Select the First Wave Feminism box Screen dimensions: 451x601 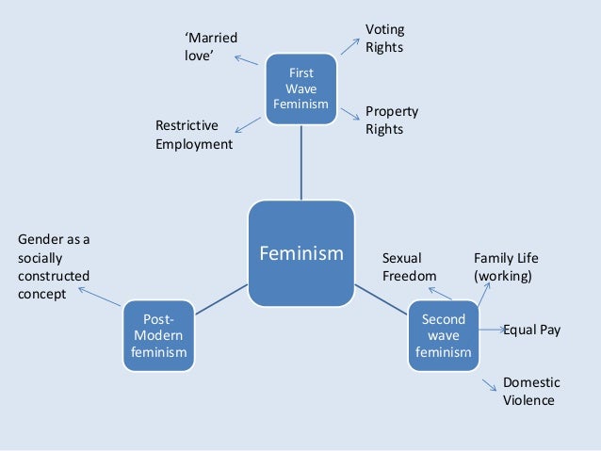coord(300,88)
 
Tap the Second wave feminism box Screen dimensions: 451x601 coord(443,336)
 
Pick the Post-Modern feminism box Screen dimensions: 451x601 coord(158,336)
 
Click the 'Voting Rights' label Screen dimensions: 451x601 coord(384,38)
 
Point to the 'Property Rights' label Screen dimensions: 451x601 coord(391,120)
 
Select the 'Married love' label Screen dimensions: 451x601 coord(210,46)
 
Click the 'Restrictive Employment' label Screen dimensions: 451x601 coord(193,135)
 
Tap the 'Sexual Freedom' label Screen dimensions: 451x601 coord(409,266)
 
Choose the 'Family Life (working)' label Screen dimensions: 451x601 coord(506,266)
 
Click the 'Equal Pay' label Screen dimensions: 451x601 coord(531,330)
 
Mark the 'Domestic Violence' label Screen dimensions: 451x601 coord(531,391)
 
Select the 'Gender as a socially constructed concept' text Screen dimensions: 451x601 coord(55,266)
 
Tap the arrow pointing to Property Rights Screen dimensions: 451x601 coord(350,113)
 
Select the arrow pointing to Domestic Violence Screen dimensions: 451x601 coord(488,385)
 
